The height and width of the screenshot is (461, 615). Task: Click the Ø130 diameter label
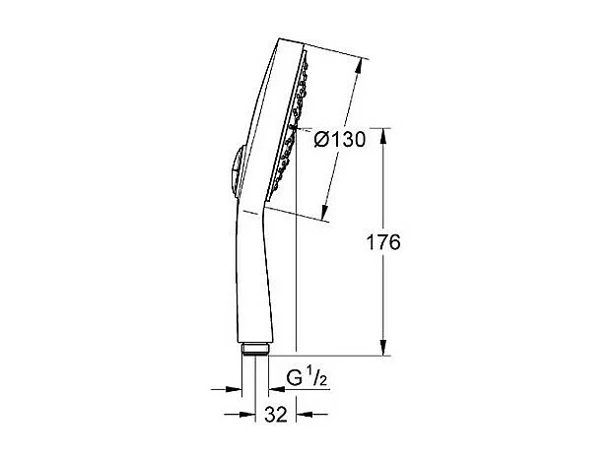(x=339, y=139)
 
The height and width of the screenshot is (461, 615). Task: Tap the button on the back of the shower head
(x=232, y=169)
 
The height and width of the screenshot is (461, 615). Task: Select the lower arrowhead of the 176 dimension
(x=383, y=349)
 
